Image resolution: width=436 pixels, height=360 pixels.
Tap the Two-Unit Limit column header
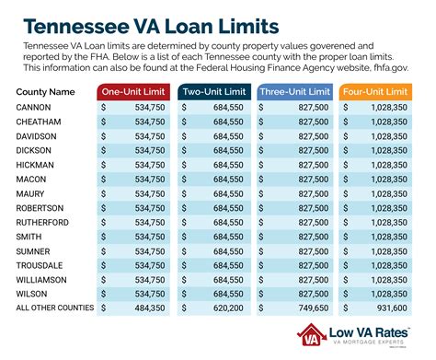215,92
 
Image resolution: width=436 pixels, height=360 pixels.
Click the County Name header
47,93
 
